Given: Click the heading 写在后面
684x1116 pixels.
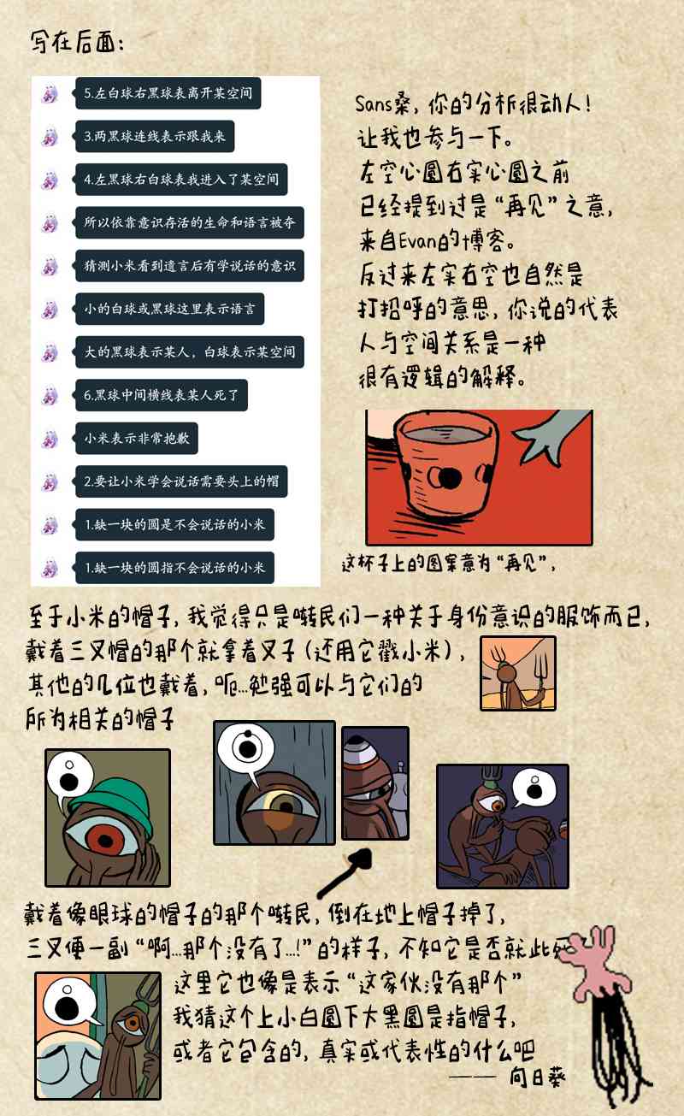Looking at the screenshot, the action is point(76,42).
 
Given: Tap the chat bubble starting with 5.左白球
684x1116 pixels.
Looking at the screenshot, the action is point(168,93).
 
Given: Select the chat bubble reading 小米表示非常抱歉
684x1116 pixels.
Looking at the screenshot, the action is point(137,439).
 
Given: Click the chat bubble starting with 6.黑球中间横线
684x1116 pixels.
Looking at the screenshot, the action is point(162,395).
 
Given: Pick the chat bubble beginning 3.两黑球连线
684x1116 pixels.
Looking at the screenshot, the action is point(155,137).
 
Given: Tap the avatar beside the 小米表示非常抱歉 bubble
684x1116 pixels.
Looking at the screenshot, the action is point(50,439).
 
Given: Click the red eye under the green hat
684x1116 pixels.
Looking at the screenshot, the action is point(105,838).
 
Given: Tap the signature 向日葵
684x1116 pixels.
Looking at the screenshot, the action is point(537,1078).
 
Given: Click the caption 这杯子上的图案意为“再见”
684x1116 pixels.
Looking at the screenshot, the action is point(448,564).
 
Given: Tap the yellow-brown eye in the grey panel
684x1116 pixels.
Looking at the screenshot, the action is point(286,803).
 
